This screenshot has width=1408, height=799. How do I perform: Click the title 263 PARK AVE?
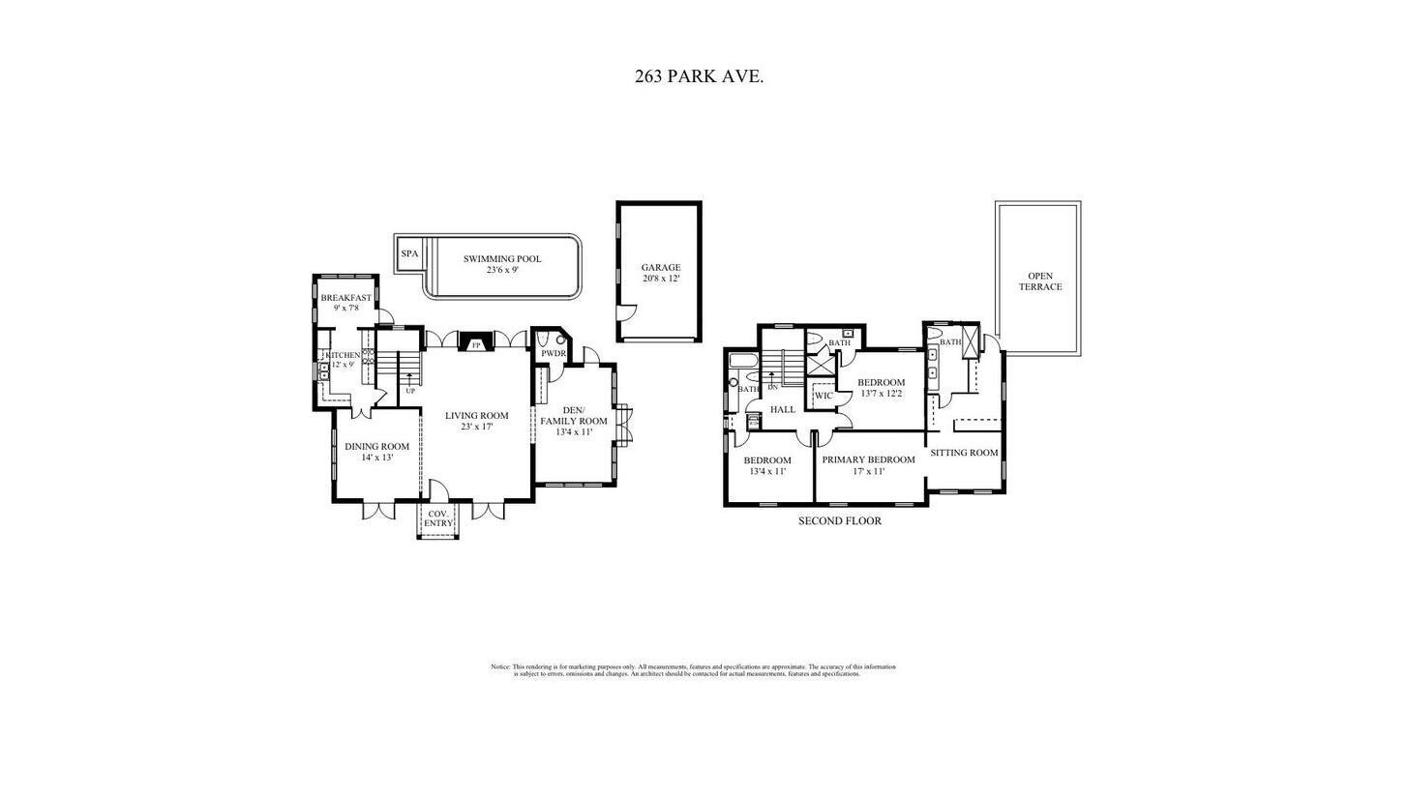click(699, 76)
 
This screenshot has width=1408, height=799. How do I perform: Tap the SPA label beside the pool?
click(410, 254)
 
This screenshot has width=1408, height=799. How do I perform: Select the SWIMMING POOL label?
click(502, 259)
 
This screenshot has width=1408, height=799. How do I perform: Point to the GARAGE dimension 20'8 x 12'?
click(661, 279)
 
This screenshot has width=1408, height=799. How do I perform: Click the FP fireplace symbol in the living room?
click(476, 344)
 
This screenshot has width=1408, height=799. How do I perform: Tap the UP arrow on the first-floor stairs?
click(410, 378)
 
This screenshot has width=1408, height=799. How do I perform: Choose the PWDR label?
click(554, 354)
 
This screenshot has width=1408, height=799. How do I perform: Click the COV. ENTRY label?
click(438, 519)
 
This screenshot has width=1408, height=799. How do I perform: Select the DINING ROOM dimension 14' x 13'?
click(376, 458)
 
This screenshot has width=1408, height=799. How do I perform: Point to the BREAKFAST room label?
click(345, 298)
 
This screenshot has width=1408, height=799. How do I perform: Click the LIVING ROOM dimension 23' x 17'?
click(476, 427)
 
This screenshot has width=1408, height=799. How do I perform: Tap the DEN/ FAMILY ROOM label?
click(574, 416)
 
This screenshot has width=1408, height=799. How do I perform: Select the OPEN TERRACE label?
click(1040, 281)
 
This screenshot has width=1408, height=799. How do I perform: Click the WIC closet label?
click(824, 396)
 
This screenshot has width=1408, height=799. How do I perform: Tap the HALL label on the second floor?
click(783, 410)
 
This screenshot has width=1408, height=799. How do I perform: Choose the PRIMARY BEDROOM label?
click(868, 460)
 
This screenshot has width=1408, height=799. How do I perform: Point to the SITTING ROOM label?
click(964, 453)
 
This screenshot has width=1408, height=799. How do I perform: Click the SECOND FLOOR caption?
click(839, 521)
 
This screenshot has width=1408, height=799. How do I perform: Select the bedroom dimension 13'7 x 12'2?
click(881, 394)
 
